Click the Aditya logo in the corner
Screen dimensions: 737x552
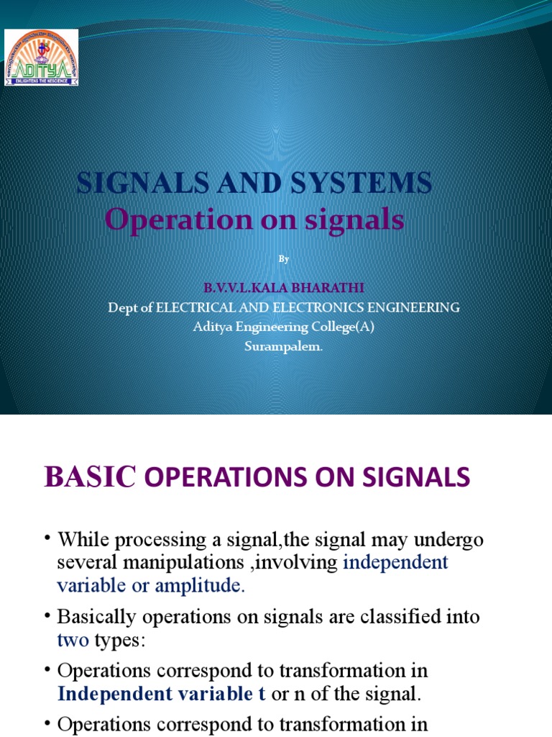(42, 58)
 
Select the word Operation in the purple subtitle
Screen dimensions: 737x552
(172, 220)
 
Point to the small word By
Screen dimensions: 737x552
(283, 259)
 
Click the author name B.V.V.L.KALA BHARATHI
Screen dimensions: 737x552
(283, 288)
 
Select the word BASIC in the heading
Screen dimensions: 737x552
(90, 476)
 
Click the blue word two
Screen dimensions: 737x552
(71, 639)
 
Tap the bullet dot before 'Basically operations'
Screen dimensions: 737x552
(47, 617)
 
